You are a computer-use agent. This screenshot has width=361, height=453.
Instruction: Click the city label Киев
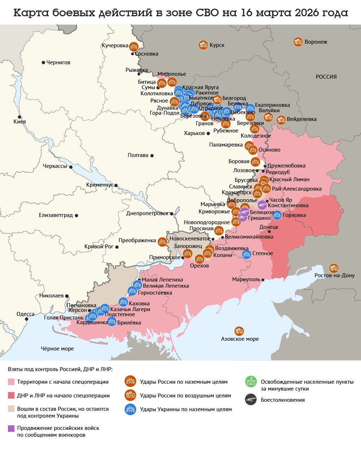coord(19,122)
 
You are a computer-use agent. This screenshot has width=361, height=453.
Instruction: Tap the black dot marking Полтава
coord(152,156)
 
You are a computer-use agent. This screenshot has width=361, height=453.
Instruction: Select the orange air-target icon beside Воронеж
coord(298,42)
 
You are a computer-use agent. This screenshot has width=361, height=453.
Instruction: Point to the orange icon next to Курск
coord(203,45)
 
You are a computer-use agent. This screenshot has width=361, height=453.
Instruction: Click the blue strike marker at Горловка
coord(277,215)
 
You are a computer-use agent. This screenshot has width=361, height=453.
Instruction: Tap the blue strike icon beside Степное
coord(246,254)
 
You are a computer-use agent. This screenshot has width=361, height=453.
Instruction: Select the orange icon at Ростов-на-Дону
coord(334,268)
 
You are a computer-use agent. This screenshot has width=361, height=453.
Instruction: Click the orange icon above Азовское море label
coord(239,331)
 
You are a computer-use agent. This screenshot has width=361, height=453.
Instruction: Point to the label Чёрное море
coord(57,349)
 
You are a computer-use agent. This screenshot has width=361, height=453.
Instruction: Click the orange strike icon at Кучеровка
coord(134,46)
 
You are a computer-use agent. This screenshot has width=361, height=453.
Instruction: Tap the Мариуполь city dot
coord(263,280)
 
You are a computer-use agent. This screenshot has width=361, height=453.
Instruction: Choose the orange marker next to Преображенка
coord(162,241)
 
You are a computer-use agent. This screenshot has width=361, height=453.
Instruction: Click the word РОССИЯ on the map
coord(326,77)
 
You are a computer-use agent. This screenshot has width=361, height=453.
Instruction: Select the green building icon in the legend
coord(251,382)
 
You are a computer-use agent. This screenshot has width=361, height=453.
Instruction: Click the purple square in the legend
coord(11,428)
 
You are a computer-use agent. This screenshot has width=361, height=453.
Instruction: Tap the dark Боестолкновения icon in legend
coord(251,400)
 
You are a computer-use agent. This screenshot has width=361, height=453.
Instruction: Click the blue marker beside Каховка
coord(123,302)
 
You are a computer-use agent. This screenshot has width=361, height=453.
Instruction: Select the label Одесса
coord(25,314)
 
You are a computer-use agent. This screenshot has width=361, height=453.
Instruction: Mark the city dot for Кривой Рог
coord(117,247)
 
